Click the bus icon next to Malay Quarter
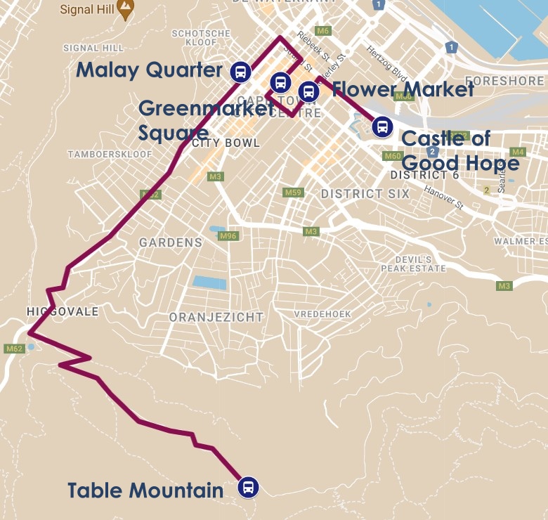tap(240, 71)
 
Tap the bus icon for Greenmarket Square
tap(281, 82)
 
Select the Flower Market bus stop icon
tap(308, 91)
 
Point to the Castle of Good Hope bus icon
tap(382, 126)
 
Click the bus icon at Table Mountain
tap(247, 487)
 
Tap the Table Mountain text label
tap(145, 490)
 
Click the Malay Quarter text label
tap(149, 70)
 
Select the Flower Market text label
tap(403, 89)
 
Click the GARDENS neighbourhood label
tap(170, 242)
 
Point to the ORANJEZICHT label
tap(216, 317)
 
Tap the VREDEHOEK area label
tap(322, 313)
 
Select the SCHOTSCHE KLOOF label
tap(201, 38)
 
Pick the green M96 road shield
tap(228, 236)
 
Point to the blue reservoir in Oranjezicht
tap(209, 282)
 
